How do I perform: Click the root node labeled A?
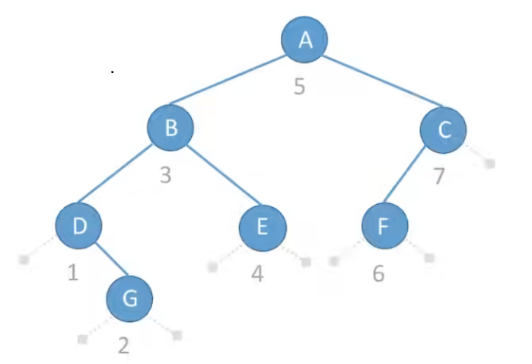click(305, 40)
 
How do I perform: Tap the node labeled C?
click(443, 129)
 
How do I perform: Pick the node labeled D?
click(78, 225)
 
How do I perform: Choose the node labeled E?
click(263, 226)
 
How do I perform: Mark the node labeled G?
click(129, 297)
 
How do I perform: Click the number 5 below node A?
click(299, 86)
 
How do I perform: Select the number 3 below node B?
click(165, 176)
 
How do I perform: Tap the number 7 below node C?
click(439, 176)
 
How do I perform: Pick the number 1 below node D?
click(73, 272)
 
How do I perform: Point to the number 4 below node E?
click(258, 273)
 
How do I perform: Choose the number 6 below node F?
click(379, 273)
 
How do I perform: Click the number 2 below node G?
click(124, 345)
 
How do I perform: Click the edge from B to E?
click(217, 177)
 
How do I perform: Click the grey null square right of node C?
click(490, 163)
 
